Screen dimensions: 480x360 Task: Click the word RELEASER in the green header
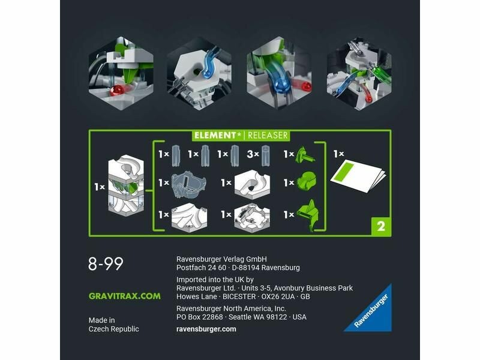coord(268,136)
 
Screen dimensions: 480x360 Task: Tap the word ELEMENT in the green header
coord(215,136)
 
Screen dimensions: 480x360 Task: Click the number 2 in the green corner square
coord(381,227)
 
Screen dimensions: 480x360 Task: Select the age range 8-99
coord(106,263)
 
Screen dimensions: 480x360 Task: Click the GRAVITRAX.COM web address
coord(125,296)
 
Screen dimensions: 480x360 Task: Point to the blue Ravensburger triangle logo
coord(371,311)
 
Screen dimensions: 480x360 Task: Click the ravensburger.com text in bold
coord(206,329)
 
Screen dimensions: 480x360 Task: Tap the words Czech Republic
coord(113,329)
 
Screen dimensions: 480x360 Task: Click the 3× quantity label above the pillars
coord(253,154)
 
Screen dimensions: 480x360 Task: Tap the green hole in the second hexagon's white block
coord(196,72)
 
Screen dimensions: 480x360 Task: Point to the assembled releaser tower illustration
coord(126,185)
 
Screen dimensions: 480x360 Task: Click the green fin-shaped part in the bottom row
coord(309,215)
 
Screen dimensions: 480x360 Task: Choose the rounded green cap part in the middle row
coord(307,182)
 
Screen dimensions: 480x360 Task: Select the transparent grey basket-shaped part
coord(188,185)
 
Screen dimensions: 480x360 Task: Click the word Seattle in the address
coord(242,317)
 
